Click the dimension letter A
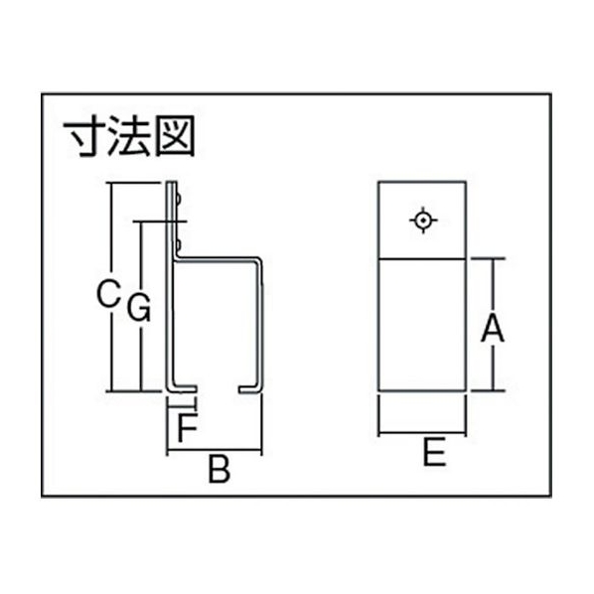coord(493,329)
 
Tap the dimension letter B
coord(219,470)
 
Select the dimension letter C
coord(108,293)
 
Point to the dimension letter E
coord(434,452)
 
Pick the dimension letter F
coord(188,428)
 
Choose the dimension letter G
coord(139,308)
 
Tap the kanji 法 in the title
coord(129,136)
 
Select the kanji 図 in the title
coord(176,136)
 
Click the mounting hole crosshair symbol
coord(423,221)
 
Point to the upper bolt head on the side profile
coord(179,200)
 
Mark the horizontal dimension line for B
coord(215,450)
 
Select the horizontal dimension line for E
coord(422,432)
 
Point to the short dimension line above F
coord(182,407)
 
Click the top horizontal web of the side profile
coord(219,259)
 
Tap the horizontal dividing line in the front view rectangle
coord(422,259)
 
